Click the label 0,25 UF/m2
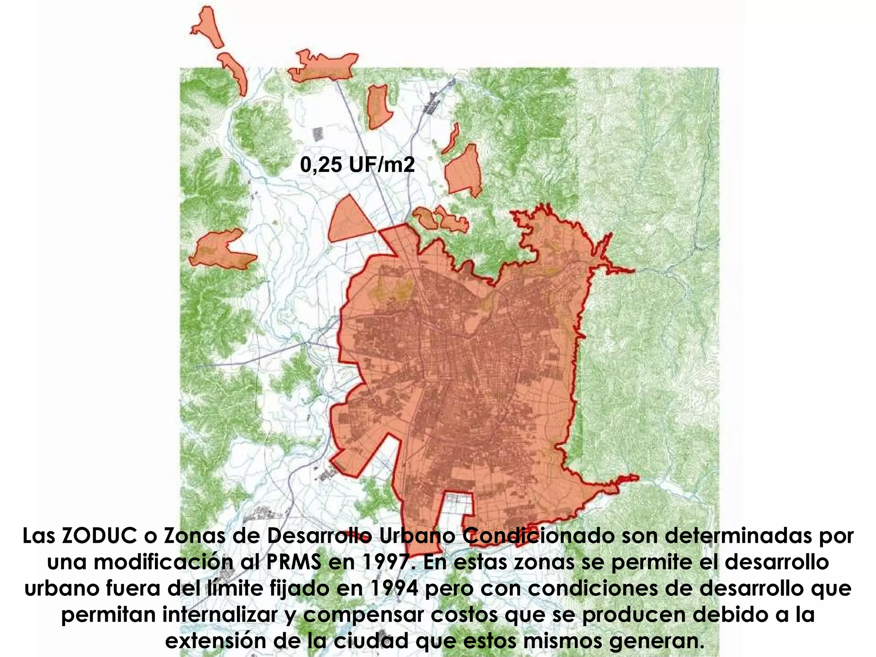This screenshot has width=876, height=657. click(x=357, y=165)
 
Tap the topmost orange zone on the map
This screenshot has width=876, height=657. click(x=207, y=26)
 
